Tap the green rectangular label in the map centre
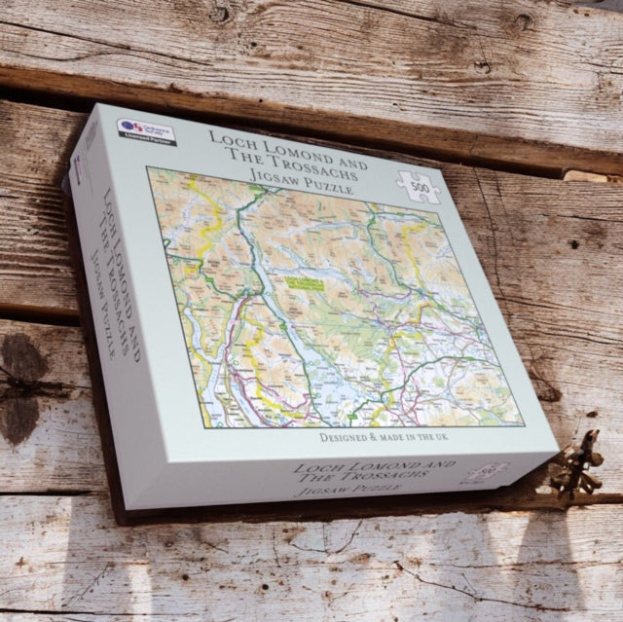click(305, 283)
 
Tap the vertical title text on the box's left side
click(115, 273)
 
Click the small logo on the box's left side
click(79, 167)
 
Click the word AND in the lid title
click(343, 162)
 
